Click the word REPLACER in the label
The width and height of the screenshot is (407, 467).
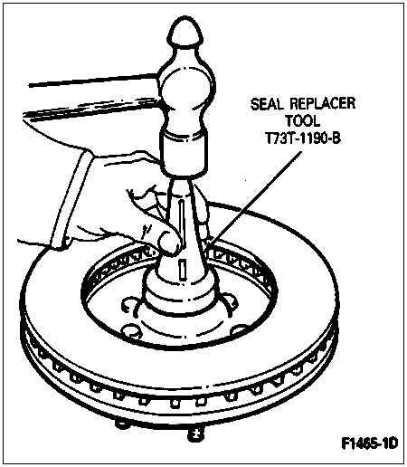click(323, 103)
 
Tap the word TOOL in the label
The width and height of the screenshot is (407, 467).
click(303, 121)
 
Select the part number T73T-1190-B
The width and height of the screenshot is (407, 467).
click(303, 138)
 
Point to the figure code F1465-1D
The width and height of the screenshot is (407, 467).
click(370, 443)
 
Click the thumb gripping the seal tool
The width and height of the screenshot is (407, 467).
click(169, 243)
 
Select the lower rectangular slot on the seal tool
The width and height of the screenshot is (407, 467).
click(182, 269)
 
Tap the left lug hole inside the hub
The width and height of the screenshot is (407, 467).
click(131, 330)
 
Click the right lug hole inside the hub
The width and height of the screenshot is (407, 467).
click(240, 329)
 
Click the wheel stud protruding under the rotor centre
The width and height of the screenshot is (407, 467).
click(194, 435)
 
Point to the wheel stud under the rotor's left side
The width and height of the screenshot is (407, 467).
click(121, 424)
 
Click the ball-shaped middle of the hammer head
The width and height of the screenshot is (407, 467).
click(187, 89)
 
